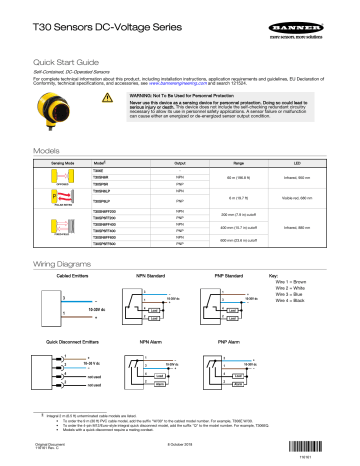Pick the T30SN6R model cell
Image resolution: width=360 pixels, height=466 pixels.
click(x=104, y=176)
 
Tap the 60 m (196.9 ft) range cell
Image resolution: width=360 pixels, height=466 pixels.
click(x=239, y=176)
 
